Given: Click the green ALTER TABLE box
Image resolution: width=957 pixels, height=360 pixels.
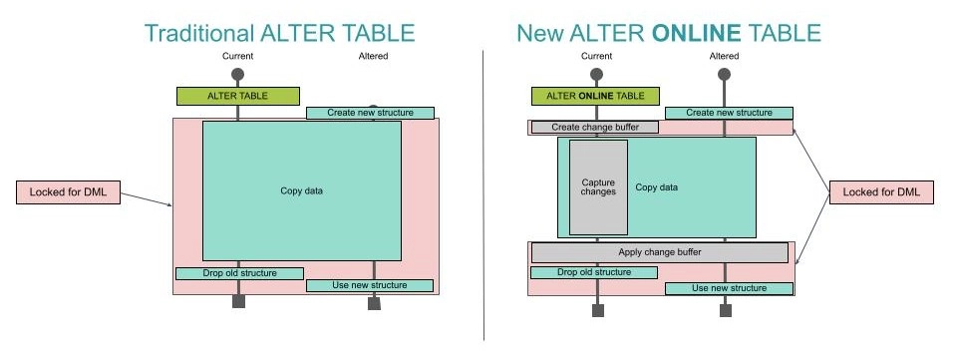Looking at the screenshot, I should pyautogui.click(x=237, y=96).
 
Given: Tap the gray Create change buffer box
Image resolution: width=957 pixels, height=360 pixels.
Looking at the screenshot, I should pyautogui.click(x=595, y=128).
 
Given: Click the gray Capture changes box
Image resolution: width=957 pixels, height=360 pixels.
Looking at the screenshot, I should pyautogui.click(x=598, y=187).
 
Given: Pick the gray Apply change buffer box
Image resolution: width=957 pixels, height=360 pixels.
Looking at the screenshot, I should pyautogui.click(x=659, y=252).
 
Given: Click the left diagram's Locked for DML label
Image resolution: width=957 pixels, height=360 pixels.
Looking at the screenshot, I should pyautogui.click(x=68, y=192).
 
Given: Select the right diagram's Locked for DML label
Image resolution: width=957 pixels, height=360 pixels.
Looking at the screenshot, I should pyautogui.click(x=881, y=192).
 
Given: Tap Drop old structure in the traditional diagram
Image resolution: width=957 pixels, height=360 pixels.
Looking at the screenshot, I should pyautogui.click(x=239, y=273).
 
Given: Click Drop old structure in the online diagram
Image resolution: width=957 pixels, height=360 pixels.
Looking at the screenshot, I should pyautogui.click(x=594, y=272).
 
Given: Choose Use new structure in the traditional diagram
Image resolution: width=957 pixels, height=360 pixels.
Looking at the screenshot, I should pyautogui.click(x=370, y=286).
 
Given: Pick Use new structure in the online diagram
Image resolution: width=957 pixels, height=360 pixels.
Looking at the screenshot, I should pyautogui.click(x=730, y=288).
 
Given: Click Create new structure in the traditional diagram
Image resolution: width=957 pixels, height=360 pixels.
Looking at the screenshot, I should pyautogui.click(x=370, y=113).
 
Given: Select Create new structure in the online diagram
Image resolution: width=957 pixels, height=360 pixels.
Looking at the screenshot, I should pyautogui.click(x=729, y=113).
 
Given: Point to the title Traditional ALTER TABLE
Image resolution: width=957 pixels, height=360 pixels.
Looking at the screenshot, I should pyautogui.click(x=279, y=33).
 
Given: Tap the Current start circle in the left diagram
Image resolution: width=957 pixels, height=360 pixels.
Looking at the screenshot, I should pyautogui.click(x=237, y=75).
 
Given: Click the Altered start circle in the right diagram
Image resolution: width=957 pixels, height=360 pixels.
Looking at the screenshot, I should pyautogui.click(x=724, y=75).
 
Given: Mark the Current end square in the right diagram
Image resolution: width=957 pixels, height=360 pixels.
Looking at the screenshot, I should pyautogui.click(x=597, y=310).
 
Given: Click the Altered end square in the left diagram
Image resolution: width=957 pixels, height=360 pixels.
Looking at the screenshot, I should pyautogui.click(x=374, y=303).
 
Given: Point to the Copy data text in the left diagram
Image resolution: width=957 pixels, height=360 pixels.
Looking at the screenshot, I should pyautogui.click(x=301, y=190).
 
